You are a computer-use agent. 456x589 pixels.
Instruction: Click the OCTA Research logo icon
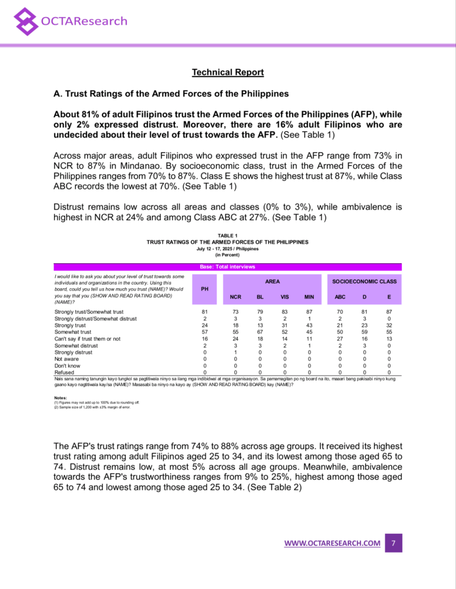(26, 21)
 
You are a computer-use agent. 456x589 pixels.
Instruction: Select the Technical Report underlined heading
(227, 72)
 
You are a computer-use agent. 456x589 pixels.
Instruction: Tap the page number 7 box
(393, 543)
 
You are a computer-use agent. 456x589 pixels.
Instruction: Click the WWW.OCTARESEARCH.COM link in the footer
(332, 544)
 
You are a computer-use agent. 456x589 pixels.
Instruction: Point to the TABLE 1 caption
(227, 235)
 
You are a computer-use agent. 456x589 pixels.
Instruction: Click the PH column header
(204, 289)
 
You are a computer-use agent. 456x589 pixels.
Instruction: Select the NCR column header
(235, 297)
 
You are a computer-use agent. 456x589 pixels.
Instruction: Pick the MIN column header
(309, 297)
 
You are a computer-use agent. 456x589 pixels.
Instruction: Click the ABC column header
(340, 297)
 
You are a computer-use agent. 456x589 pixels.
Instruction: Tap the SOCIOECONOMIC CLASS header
(364, 281)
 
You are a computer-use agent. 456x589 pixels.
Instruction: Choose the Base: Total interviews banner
(227, 267)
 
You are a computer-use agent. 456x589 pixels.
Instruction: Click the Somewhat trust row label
(73, 332)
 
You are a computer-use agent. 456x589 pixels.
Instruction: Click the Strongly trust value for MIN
(309, 326)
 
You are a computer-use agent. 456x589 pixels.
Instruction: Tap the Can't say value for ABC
(340, 339)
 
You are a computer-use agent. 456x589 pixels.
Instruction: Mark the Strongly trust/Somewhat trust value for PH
(204, 312)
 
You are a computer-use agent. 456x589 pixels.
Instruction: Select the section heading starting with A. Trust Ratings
(170, 93)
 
